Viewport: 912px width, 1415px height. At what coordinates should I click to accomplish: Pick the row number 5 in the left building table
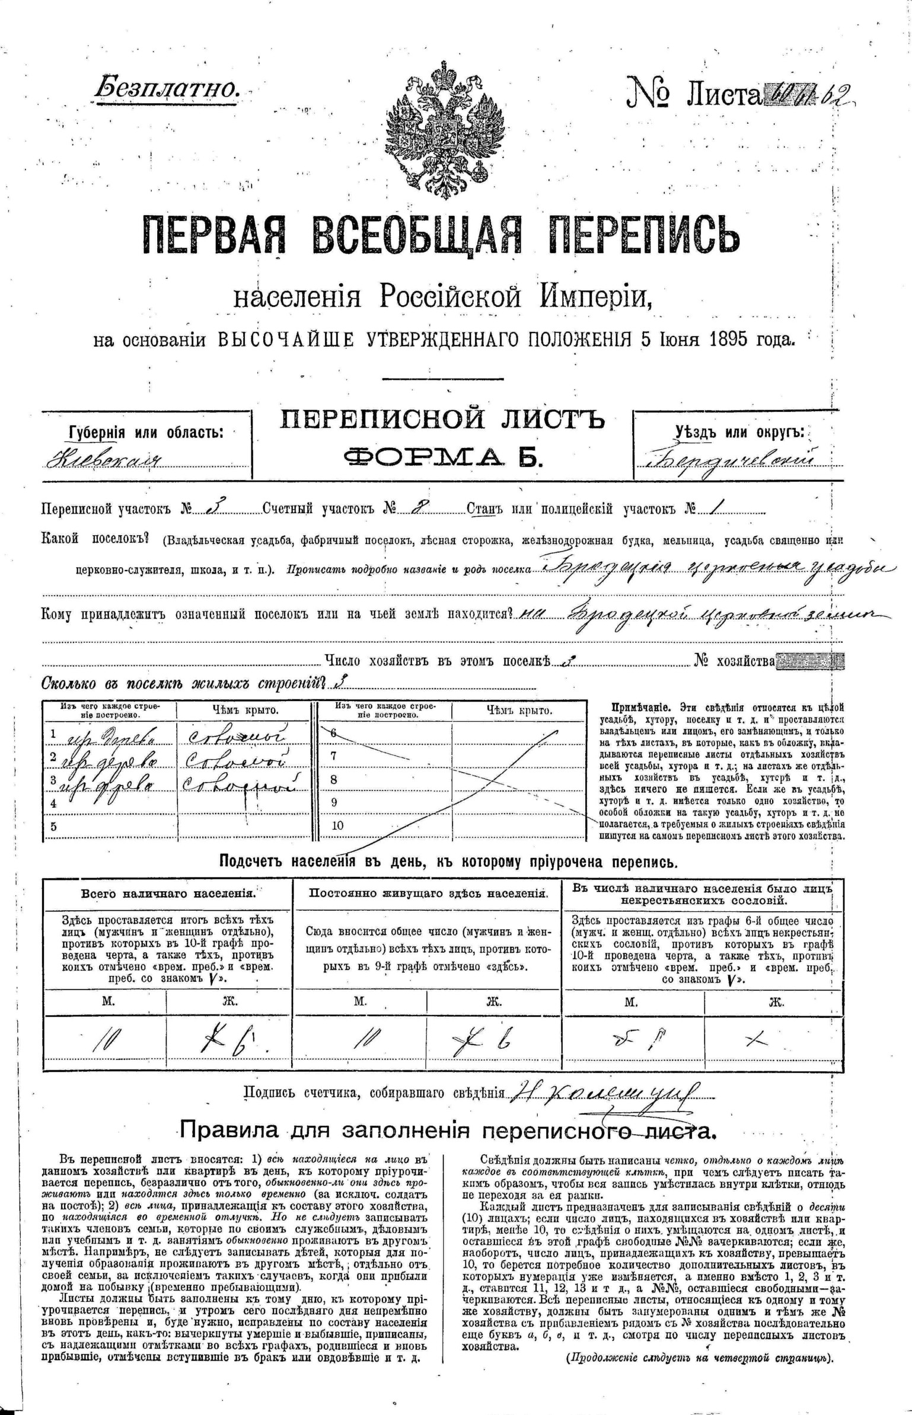[x=53, y=827]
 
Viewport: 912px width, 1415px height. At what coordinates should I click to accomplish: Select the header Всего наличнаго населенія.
[x=168, y=894]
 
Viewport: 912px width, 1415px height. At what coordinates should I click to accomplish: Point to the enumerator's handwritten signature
[x=605, y=1091]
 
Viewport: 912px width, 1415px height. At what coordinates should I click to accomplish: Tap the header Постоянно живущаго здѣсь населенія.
[x=428, y=894]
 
